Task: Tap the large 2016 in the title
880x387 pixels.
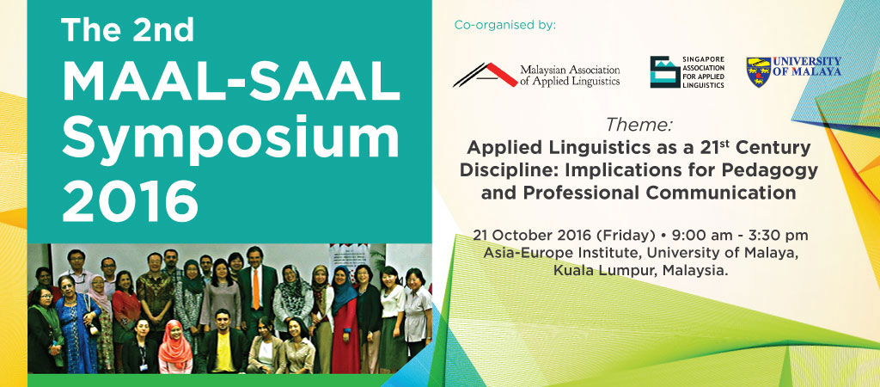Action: (131, 201)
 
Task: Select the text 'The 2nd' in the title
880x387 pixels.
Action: (127, 30)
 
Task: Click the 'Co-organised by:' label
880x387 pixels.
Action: (505, 25)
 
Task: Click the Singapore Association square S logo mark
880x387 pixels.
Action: (665, 72)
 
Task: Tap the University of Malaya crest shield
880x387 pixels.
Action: (758, 72)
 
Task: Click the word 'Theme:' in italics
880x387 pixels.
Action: (639, 124)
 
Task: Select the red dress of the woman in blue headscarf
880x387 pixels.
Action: (344, 337)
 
